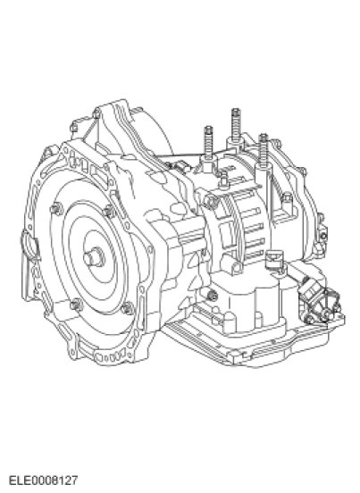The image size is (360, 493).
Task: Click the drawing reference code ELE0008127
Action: click(43, 480)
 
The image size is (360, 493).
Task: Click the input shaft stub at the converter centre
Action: click(95, 256)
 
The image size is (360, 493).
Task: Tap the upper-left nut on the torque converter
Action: click(56, 209)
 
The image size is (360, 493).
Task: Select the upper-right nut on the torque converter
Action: click(109, 211)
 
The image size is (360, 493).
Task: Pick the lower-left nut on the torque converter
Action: click(77, 305)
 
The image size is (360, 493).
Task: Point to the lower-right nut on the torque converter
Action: click(128, 308)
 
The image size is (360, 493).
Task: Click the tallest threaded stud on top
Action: click(236, 125)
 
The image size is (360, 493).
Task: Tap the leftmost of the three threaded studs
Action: click(208, 142)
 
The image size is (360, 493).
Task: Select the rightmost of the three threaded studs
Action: click(264, 149)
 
